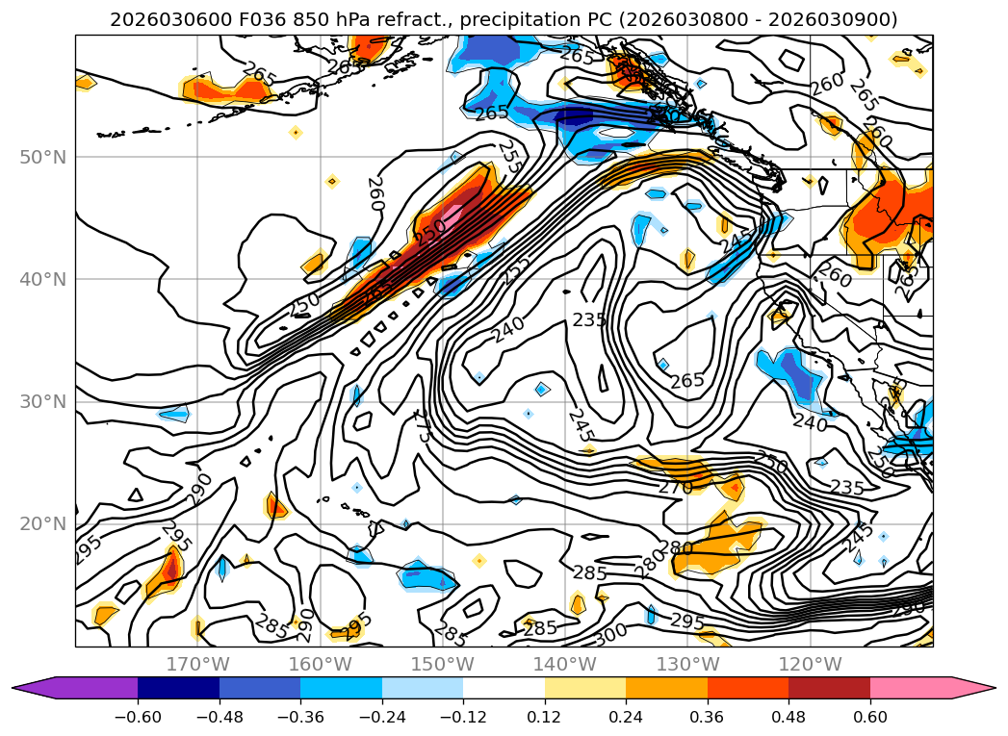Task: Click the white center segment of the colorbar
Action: tap(504, 688)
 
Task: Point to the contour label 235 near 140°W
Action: tap(589, 319)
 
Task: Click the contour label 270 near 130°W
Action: tap(675, 488)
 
